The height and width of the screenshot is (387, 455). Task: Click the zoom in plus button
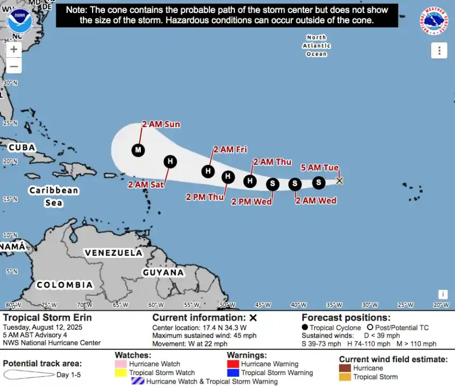pyautogui.click(x=14, y=49)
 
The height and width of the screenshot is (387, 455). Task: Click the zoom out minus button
pyautogui.click(x=14, y=66)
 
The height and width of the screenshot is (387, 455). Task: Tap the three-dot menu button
pyautogui.click(x=439, y=51)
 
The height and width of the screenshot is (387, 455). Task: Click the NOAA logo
pyautogui.click(x=20, y=21)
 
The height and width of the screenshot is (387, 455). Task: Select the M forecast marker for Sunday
pyautogui.click(x=138, y=150)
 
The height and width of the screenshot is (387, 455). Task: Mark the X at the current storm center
pyautogui.click(x=340, y=181)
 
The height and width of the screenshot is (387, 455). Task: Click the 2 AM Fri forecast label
pyautogui.click(x=230, y=150)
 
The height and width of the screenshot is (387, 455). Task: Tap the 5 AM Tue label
pyautogui.click(x=320, y=168)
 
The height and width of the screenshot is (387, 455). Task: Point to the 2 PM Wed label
pyautogui.click(x=251, y=202)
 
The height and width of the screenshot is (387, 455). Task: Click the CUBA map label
pyautogui.click(x=22, y=148)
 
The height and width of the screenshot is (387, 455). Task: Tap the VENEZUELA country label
pyautogui.click(x=113, y=252)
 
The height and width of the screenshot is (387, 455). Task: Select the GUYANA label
pyautogui.click(x=163, y=272)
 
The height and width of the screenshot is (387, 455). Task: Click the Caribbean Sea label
pyautogui.click(x=54, y=196)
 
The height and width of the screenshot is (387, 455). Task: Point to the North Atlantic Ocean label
pyautogui.click(x=316, y=46)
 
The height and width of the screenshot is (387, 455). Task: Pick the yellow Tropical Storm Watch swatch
pyautogui.click(x=120, y=373)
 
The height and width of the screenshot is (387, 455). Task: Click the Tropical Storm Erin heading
pyautogui.click(x=47, y=318)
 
